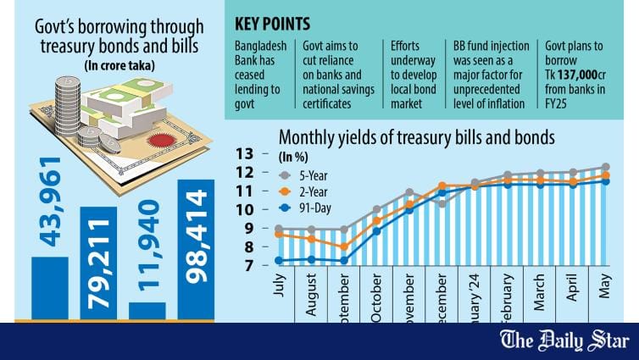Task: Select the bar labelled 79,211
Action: point(98,263)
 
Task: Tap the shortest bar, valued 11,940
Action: point(147,311)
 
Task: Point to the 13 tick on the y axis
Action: point(246,154)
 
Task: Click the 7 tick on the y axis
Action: point(247,266)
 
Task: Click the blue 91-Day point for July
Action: point(279,260)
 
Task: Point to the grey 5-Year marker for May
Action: point(606,168)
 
